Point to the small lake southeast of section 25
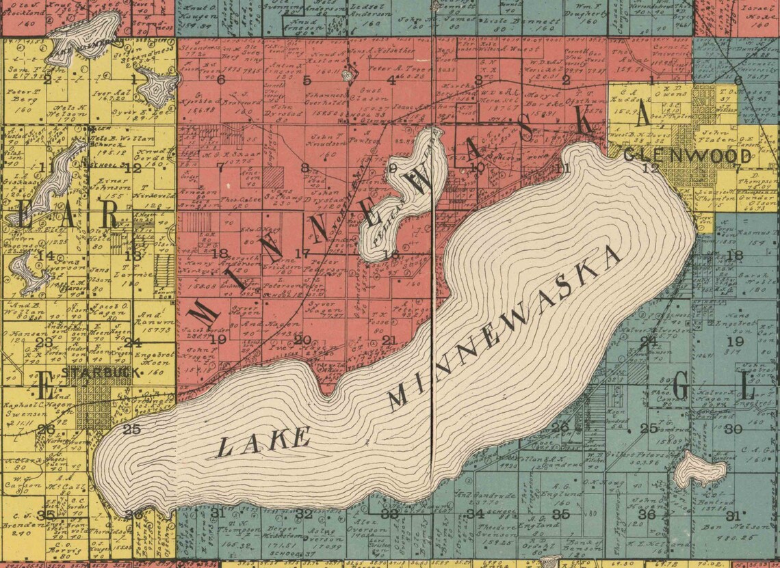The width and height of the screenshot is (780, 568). pos(699,471)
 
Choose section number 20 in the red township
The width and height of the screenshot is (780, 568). pos(302,340)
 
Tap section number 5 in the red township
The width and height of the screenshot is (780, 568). pos(307,80)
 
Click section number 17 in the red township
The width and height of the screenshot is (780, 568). pos(302,254)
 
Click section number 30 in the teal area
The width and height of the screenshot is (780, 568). pos(733,429)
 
